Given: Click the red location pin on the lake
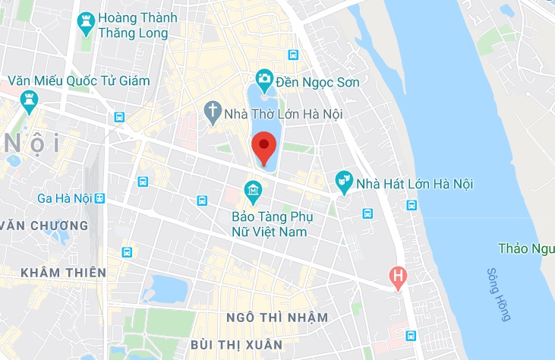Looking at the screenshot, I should pos(263,147).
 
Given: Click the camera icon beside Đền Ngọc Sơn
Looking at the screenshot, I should pos(264,78).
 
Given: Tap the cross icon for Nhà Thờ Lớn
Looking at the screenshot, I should pos(213,113).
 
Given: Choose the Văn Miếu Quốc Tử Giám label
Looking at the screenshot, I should pos(79,81).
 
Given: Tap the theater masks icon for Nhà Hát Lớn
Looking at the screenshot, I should pos(344,181).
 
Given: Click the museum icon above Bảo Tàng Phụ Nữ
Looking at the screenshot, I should pos(252,188).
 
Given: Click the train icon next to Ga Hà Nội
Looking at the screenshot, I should pos(99,198).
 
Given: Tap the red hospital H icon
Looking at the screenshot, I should pos(396,276).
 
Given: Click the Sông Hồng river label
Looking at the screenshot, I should pos(498,294).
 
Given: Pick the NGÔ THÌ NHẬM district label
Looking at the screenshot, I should pos(278,317).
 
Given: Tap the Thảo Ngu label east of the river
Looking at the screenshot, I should pos(526,248).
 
